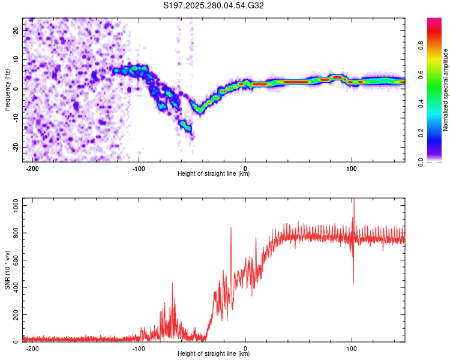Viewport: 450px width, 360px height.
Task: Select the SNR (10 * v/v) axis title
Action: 7,270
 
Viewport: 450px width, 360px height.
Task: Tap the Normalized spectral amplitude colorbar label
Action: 446,90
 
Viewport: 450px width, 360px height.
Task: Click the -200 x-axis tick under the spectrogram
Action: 33,169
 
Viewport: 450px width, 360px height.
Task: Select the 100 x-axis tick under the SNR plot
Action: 352,349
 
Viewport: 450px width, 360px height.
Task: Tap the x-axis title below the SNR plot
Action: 214,354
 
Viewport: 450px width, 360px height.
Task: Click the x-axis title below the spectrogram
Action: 214,174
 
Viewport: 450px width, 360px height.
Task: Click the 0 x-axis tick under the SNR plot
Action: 245,349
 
